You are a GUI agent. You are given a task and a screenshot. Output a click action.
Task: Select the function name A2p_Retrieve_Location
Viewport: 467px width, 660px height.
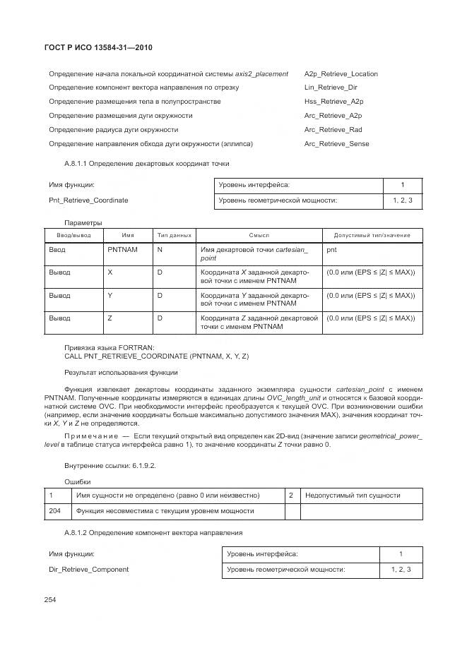click(341, 73)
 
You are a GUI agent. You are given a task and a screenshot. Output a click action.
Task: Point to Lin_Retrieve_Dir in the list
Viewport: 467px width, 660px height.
click(331, 88)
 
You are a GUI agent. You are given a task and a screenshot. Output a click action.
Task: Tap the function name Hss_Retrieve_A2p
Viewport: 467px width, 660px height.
click(333, 102)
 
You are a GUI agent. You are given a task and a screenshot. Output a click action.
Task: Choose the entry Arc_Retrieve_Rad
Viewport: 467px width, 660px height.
click(333, 130)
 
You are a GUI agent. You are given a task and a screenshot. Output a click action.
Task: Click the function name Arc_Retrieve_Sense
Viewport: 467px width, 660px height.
click(336, 144)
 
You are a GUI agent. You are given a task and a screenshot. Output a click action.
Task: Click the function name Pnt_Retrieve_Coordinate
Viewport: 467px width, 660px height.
click(88, 200)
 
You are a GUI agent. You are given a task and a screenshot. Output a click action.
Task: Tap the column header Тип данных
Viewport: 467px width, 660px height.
click(175, 234)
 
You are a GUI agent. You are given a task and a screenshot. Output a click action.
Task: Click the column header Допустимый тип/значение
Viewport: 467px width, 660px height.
click(372, 234)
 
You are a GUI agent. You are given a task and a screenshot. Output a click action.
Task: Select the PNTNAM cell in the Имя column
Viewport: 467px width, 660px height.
click(122, 249)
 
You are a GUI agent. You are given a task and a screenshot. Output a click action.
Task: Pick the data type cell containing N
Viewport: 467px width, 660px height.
click(160, 249)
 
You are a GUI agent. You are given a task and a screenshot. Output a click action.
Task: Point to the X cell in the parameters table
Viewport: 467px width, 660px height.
click(110, 272)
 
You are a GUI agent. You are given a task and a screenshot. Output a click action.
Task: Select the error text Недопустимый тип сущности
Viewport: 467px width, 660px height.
click(353, 495)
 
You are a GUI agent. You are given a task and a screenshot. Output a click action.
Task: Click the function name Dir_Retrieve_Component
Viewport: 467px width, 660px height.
click(88, 569)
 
